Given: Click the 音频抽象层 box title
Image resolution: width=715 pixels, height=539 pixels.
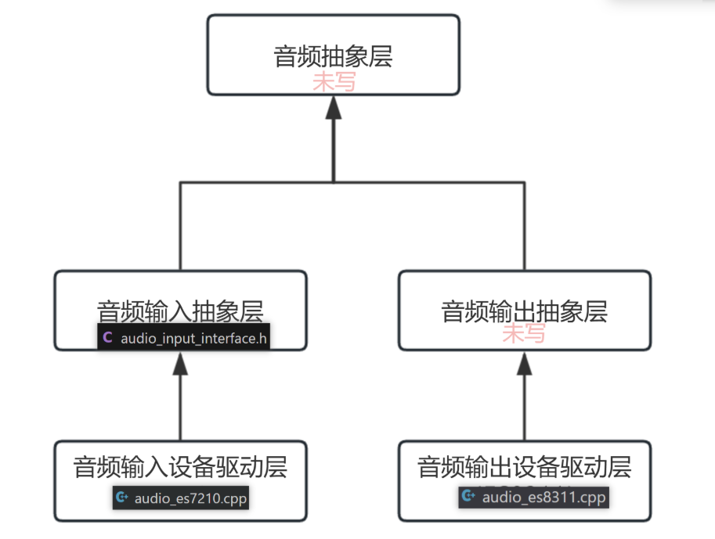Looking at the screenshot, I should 333,57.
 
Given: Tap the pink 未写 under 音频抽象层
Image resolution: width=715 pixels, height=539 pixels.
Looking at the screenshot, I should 334,81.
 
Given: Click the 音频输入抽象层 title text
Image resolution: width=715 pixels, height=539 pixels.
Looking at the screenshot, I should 180,311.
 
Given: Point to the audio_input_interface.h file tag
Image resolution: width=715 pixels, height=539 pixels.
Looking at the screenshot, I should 184,338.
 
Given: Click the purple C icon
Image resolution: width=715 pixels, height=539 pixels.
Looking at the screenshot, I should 107,338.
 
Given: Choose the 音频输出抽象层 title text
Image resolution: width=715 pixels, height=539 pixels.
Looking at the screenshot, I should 524,311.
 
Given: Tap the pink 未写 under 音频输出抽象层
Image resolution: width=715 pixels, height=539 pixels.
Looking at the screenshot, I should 523,334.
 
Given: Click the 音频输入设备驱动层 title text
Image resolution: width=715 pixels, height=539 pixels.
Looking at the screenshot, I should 180,467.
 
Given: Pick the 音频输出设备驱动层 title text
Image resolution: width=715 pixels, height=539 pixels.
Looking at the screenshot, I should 524,467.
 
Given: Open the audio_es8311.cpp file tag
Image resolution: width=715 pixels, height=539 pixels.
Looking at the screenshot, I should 533,496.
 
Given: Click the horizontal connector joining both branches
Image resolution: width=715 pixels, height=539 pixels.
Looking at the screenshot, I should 352,183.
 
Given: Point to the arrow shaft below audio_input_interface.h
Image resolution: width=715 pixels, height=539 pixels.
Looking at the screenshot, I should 180,407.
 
